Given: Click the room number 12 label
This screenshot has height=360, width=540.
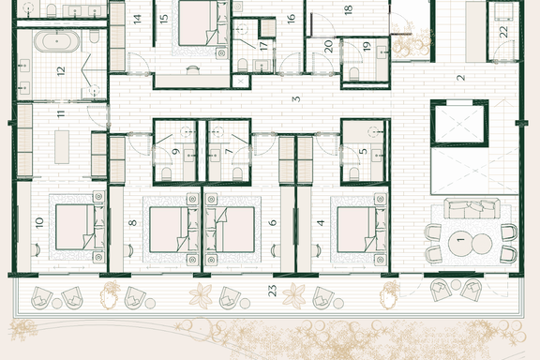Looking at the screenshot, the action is [61, 71].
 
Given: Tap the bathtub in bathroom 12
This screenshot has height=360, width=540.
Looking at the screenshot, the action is [57, 41].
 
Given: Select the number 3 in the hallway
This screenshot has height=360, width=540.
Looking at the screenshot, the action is [296, 99].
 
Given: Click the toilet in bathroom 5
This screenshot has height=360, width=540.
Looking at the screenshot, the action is [354, 174].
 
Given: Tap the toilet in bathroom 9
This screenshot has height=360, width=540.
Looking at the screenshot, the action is [167, 174].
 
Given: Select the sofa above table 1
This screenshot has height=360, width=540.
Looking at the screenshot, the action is [472, 208].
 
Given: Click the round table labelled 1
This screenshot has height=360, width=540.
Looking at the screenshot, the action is [460, 245].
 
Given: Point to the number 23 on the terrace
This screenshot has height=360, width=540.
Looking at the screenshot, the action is [272, 291].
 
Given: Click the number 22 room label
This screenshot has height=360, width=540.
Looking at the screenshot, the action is [503, 32].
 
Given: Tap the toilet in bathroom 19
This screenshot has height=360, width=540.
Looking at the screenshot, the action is [354, 74].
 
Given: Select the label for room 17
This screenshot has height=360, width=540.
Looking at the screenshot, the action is [263, 46].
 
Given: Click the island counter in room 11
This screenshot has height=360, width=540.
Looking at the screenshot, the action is [62, 147].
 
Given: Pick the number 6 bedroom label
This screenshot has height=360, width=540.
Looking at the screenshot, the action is [273, 222].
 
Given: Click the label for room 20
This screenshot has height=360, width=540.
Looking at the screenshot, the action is [328, 47].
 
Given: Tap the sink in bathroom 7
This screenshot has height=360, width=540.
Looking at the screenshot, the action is [216, 156].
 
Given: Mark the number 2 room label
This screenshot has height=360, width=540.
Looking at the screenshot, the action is [461, 78].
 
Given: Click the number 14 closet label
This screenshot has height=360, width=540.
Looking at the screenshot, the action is [138, 19].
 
